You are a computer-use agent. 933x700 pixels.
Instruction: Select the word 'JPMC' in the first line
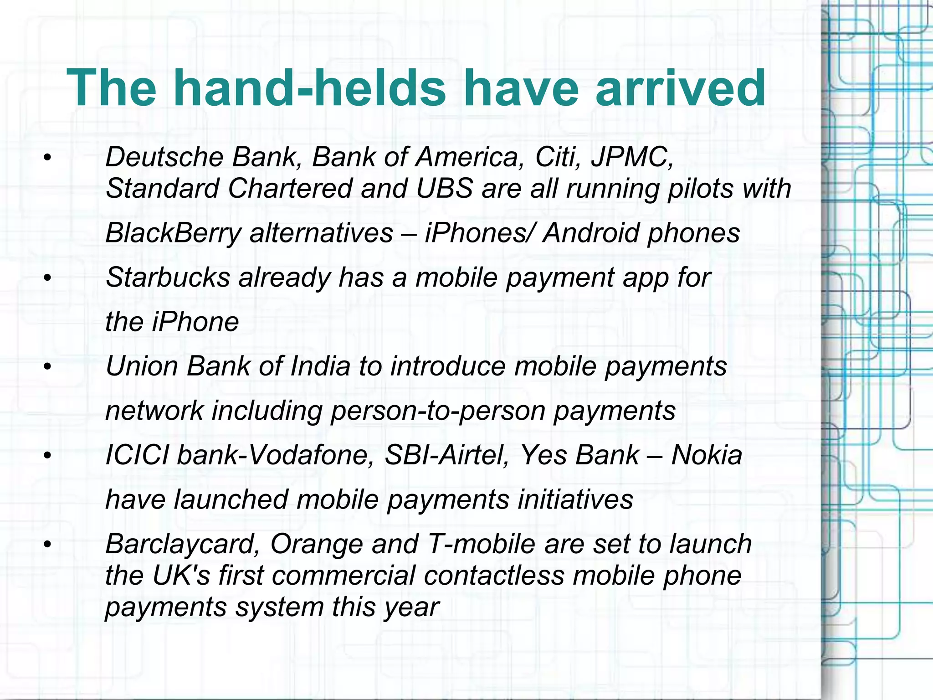[x=631, y=157]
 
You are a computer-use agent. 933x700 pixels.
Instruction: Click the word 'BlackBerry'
[x=173, y=233]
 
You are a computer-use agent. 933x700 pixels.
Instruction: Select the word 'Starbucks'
[x=168, y=278]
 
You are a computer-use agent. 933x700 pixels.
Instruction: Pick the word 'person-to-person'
[x=438, y=411]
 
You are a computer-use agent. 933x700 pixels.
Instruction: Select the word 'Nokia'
[x=707, y=455]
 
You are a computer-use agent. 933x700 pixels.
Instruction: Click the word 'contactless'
[x=494, y=576]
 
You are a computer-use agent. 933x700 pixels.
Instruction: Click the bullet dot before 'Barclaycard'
[x=47, y=545]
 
